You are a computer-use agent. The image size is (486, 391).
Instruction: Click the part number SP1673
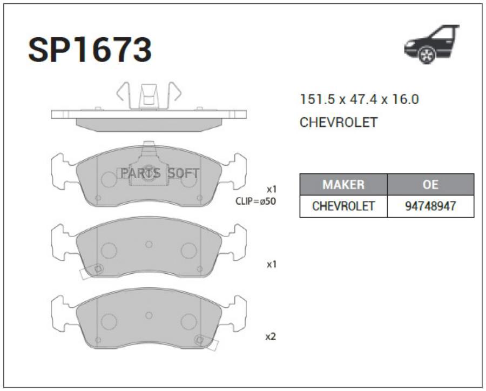coord(90,50)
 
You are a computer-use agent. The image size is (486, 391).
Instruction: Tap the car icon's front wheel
coord(427,55)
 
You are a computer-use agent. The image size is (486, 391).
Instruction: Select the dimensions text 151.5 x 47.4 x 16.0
coord(360,99)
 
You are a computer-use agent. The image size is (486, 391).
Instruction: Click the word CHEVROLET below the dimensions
coord(339,123)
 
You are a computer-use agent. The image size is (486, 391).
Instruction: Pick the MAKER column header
coord(343,185)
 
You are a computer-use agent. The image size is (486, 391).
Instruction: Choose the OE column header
coord(430,185)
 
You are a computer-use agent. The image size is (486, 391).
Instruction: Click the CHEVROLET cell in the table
coord(343,206)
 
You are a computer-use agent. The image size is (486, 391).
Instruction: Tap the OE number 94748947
coord(430,206)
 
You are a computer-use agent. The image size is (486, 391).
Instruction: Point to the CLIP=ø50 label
coord(255,201)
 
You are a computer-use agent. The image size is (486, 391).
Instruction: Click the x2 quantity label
coord(271,336)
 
